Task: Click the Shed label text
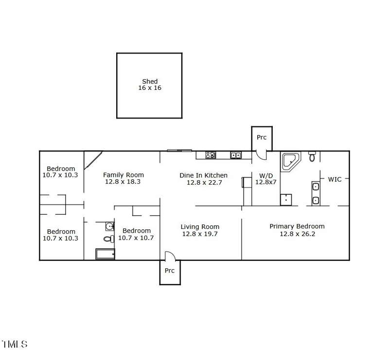[x=150, y=82]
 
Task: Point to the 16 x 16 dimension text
[x=150, y=88]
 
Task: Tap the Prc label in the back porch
[x=262, y=137]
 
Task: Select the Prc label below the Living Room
[x=169, y=271]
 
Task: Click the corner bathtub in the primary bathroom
[x=291, y=161]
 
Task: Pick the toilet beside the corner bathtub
[x=312, y=156]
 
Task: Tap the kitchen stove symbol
[x=211, y=155]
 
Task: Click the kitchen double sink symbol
[x=235, y=155]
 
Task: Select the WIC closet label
[x=335, y=179]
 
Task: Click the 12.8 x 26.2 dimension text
[x=297, y=234]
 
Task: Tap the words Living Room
[x=200, y=227]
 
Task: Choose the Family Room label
[x=124, y=175]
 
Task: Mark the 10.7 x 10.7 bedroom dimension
[x=136, y=238]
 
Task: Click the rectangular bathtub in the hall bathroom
[x=105, y=254]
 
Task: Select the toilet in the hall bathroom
[x=109, y=239]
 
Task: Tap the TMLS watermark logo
[x=15, y=344]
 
